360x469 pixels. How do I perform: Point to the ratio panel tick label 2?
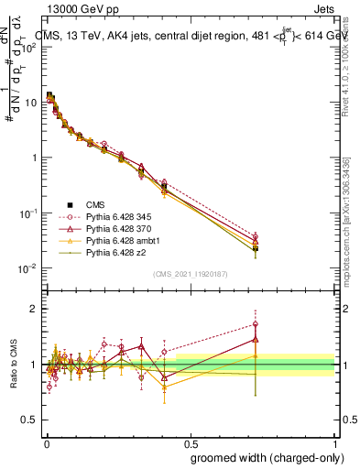33,309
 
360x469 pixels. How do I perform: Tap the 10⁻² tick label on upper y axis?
27,268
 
